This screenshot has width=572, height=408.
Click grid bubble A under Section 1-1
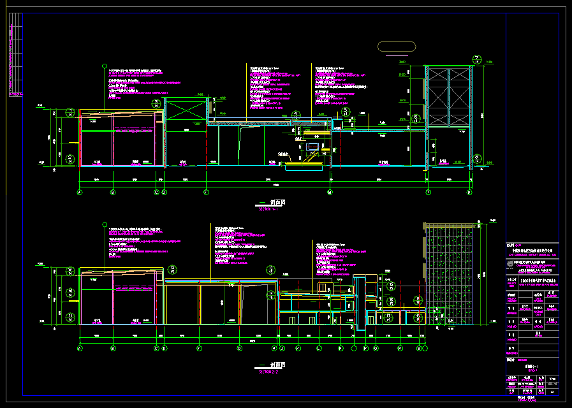click(x=80, y=192)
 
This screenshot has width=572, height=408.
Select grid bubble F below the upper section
click(x=206, y=192)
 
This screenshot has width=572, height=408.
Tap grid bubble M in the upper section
click(x=330, y=192)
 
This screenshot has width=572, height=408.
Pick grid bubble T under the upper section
click(x=429, y=192)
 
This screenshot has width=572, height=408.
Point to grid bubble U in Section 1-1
click(x=469, y=192)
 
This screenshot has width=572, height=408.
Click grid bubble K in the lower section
click(x=298, y=349)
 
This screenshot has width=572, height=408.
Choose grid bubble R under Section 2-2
click(x=399, y=349)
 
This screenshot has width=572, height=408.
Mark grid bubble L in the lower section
click(x=319, y=349)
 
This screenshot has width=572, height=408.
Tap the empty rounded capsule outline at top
click(x=397, y=47)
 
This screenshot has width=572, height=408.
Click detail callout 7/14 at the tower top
click(x=477, y=59)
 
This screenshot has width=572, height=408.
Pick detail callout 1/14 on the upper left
click(x=70, y=113)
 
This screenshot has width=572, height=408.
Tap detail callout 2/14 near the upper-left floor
click(x=70, y=158)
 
